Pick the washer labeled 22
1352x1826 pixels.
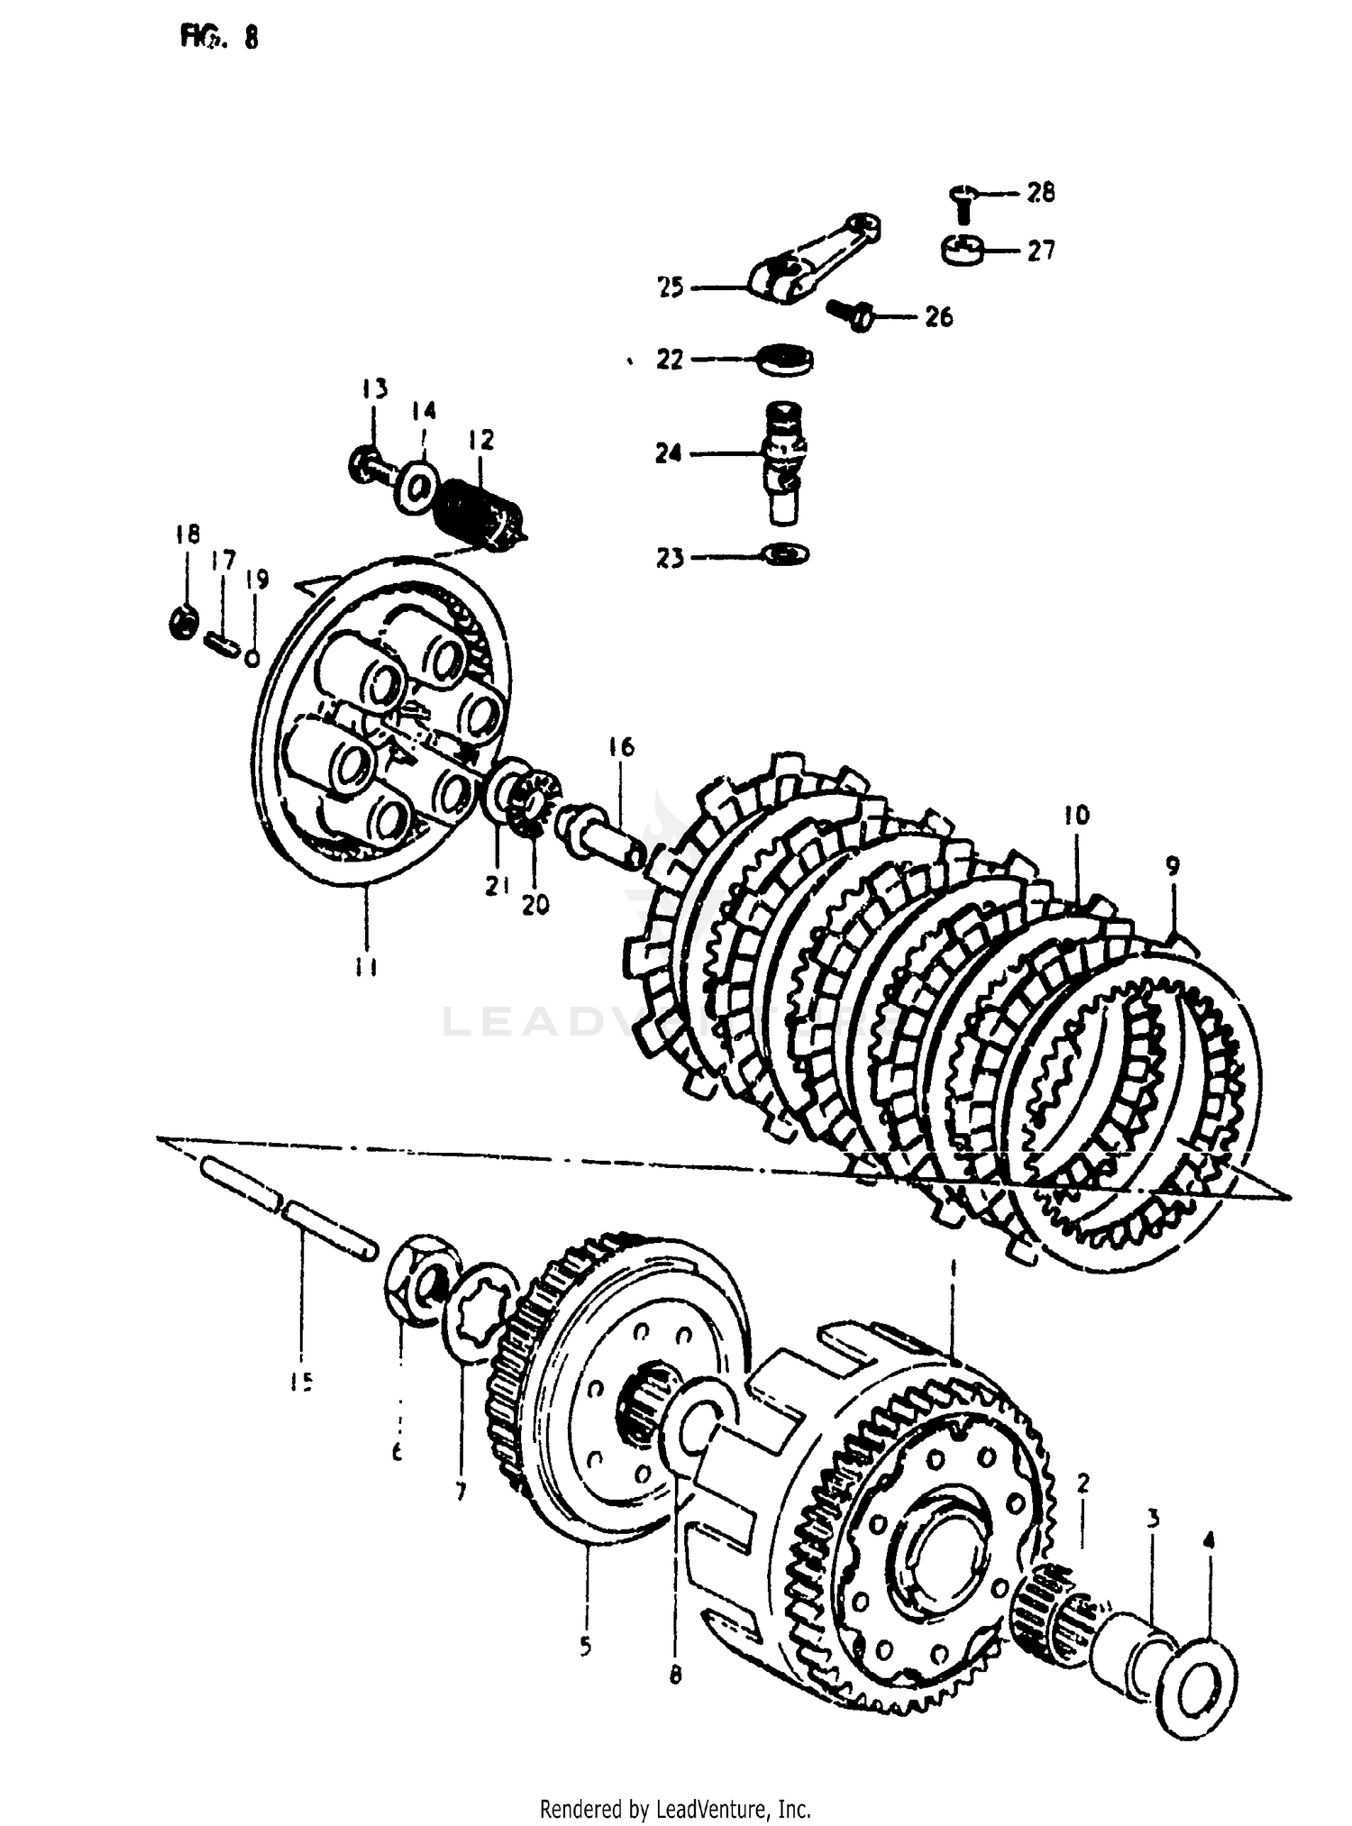click(784, 359)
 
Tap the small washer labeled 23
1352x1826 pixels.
click(785, 553)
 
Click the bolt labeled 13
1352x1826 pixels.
click(370, 465)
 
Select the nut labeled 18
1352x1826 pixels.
click(184, 622)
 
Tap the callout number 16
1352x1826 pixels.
click(621, 747)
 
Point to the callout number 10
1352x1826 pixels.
click(1076, 815)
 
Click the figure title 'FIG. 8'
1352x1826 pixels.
click(219, 38)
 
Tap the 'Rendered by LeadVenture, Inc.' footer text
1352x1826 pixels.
click(675, 1808)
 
